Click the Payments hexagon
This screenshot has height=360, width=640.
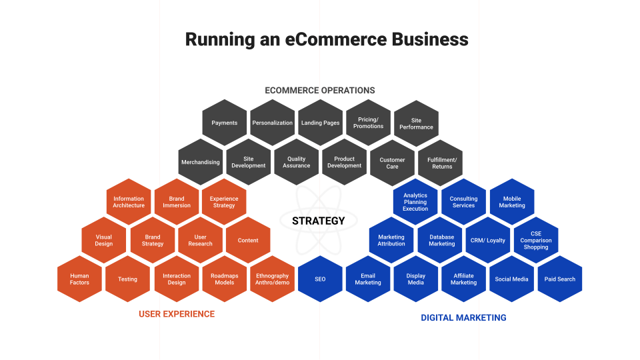point(224,123)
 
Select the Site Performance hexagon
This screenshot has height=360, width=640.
point(416,123)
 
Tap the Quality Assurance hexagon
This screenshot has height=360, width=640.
point(296,162)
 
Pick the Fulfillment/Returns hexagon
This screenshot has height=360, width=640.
point(440,162)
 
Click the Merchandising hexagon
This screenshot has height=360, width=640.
point(200,162)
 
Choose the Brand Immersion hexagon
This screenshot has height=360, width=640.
point(176,201)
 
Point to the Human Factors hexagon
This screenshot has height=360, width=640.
point(79,279)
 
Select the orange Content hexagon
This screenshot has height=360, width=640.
point(248,240)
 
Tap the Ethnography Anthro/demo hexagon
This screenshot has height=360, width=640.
point(272,279)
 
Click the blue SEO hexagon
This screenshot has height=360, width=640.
point(320,279)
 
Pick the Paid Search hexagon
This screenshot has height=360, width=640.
point(560,279)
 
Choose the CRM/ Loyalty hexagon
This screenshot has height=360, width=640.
point(487,240)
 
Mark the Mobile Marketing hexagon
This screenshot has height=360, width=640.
point(512,201)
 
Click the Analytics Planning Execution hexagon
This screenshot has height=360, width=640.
point(415,201)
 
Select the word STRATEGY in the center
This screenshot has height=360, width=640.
point(319,221)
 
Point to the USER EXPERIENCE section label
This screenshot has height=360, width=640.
point(177,314)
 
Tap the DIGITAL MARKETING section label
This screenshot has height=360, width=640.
point(463,317)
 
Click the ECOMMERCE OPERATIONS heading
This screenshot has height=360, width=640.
point(320,90)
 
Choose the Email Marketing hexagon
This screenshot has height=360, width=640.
point(368,279)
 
